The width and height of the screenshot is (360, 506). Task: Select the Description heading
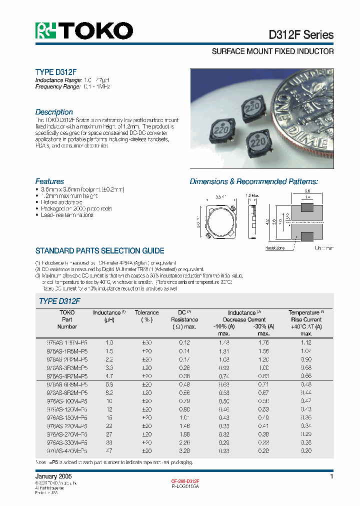[x=54, y=112]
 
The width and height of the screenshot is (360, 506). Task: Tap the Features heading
[x=49, y=181]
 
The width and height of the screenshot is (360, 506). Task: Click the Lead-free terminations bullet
[x=65, y=215]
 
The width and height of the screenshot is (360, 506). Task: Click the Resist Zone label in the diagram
[x=274, y=247]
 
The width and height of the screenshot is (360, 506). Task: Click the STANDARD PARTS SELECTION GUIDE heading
[x=99, y=251]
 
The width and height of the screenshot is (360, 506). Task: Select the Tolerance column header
[x=146, y=312]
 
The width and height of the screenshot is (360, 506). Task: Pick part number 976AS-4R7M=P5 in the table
[x=67, y=376]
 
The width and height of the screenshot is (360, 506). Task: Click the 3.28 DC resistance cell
[x=184, y=450]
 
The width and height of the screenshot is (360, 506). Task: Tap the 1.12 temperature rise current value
[x=305, y=342]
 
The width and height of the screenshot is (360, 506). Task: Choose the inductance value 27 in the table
[x=109, y=434]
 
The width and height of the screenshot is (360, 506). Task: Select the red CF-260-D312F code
[x=185, y=480]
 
